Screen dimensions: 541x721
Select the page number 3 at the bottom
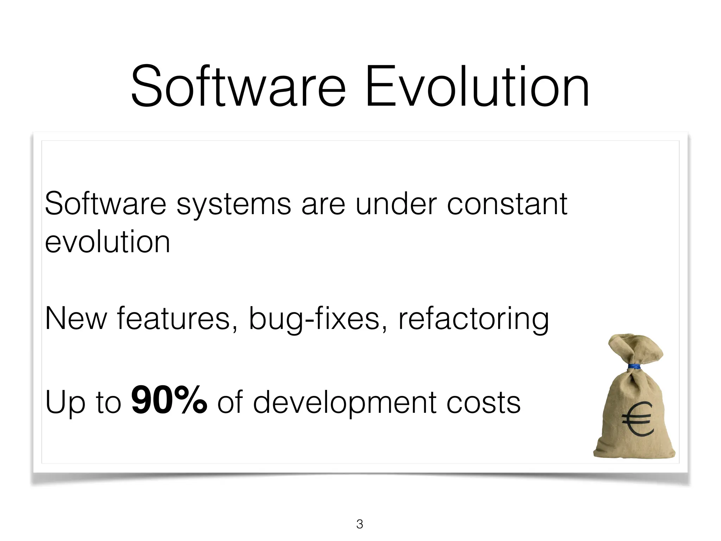click(359, 524)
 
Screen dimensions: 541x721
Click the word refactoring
click(474, 319)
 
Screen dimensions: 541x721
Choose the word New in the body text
click(76, 319)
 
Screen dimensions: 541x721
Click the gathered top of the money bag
click(634, 347)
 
